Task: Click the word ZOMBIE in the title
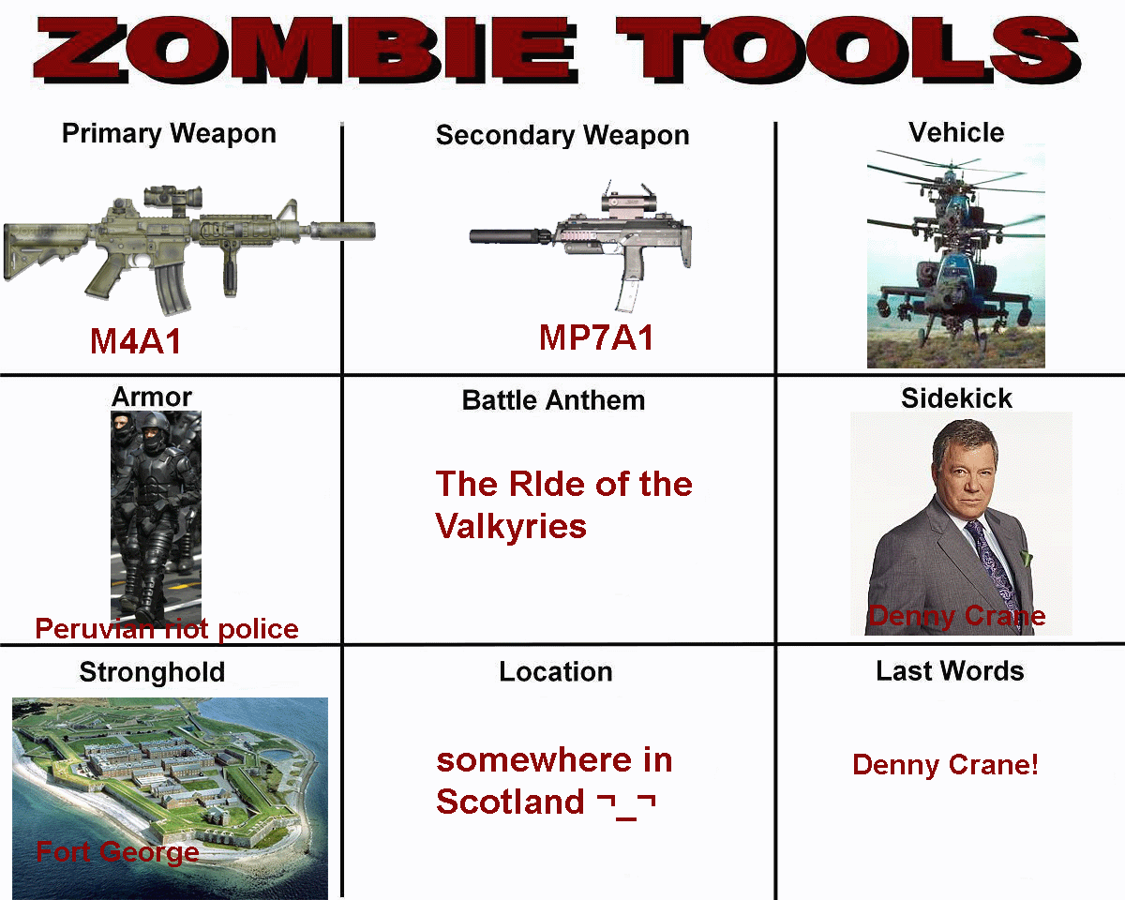coord(306,50)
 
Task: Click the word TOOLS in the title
coord(848,50)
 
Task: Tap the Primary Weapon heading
coord(169,134)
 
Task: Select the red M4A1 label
coord(135,341)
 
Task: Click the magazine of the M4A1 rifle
coord(172,288)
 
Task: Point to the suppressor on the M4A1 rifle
coord(342,231)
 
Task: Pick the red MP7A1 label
coord(596,337)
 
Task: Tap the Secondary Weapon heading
coord(562,135)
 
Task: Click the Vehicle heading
coord(956,132)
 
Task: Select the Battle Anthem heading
coord(554,400)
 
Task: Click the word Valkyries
coord(511,527)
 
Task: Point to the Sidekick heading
coord(956,398)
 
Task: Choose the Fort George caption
coord(117,851)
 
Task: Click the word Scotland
coord(510,802)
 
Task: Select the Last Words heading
coord(950,671)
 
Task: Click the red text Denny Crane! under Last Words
coord(945,765)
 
